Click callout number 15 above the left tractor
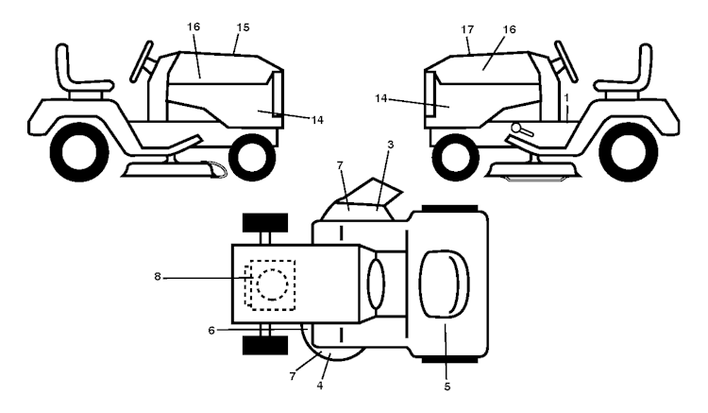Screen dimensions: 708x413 point(243,27)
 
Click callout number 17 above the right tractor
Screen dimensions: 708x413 point(467,29)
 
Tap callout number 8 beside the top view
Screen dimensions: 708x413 point(157,277)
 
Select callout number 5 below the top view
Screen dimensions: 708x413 point(447,387)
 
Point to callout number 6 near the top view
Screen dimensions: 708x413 point(211,331)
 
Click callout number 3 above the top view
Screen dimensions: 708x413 point(391,145)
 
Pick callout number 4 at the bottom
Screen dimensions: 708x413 point(320,386)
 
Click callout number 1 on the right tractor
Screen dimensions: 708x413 point(566,97)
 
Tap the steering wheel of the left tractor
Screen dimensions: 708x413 point(142,61)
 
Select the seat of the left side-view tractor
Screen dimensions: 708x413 point(81,72)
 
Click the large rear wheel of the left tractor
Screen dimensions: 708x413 point(79,152)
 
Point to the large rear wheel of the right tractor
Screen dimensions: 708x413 point(628,152)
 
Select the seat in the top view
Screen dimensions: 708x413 point(445,284)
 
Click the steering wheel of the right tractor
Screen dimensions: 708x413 point(566,61)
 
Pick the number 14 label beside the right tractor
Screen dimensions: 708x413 point(381,98)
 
